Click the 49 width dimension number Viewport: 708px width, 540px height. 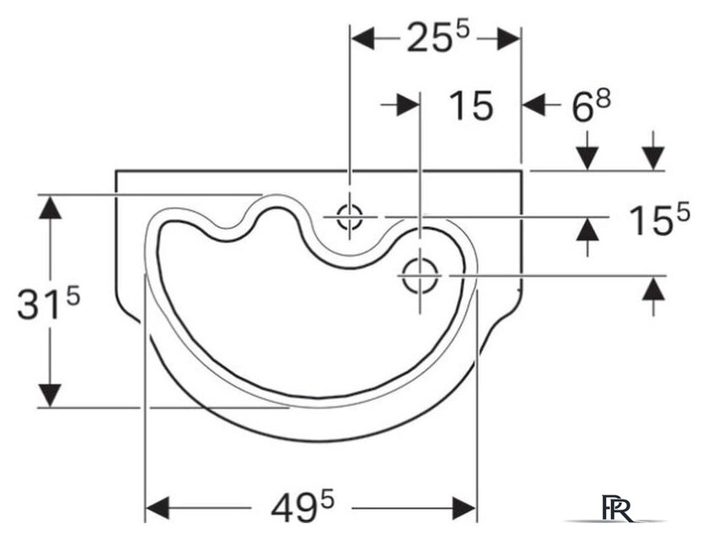[x=303, y=507]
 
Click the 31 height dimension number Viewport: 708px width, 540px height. [x=48, y=304]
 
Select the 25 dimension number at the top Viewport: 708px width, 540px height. [x=438, y=37]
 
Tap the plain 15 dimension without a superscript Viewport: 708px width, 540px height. [x=471, y=105]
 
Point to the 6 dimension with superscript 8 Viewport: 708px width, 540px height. [x=591, y=106]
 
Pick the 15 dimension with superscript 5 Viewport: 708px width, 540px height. [x=660, y=219]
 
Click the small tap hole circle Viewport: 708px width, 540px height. [x=350, y=217]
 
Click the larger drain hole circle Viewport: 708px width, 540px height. [x=421, y=276]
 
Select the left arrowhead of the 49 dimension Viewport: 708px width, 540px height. [x=158, y=508]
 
